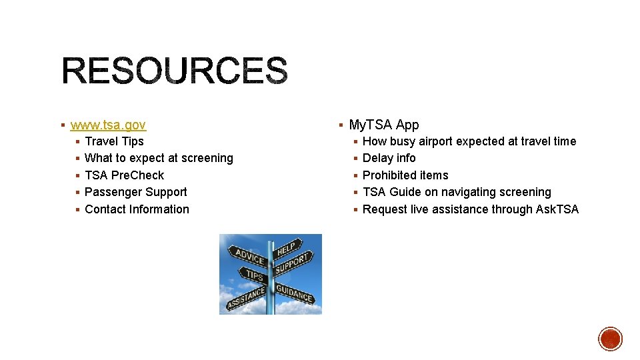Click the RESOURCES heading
[x=175, y=71]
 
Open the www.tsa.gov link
[x=108, y=125]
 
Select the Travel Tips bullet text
[x=114, y=141]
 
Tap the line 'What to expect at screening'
[x=159, y=158]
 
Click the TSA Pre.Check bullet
[x=124, y=175]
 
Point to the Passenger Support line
[x=135, y=192]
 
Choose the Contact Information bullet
[x=137, y=209]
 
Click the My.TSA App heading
[x=384, y=125]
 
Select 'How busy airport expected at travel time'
[x=469, y=141]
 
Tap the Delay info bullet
[x=389, y=158]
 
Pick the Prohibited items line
[x=405, y=175]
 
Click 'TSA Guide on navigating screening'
[x=457, y=192]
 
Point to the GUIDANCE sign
[x=294, y=293]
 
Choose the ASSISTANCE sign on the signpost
[x=245, y=297]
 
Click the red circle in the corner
[x=610, y=339]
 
